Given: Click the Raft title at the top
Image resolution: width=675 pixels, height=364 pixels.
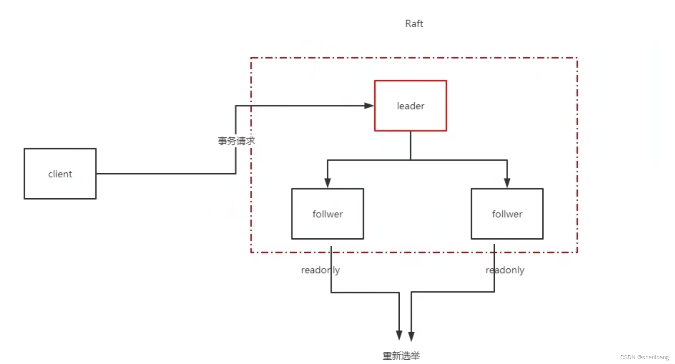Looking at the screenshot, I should (414, 24).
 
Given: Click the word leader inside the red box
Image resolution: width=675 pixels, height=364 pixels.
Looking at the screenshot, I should (410, 106).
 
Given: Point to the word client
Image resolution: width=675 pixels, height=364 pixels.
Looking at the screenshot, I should (60, 174).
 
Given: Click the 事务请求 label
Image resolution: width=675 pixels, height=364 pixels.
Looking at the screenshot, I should (236, 141).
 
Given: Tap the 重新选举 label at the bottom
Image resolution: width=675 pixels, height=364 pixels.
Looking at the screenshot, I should (401, 356).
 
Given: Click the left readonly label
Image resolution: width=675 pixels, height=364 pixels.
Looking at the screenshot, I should (320, 270).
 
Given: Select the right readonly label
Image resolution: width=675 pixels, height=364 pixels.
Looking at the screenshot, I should (505, 270).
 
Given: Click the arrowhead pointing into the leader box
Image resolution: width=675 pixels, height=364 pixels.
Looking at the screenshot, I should (369, 106).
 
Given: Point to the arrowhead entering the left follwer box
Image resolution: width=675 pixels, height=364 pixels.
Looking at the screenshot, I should (328, 182).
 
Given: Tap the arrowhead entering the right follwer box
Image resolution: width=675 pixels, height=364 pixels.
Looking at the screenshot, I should (507, 182).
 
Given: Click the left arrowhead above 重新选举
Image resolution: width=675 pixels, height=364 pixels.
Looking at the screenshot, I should (399, 335).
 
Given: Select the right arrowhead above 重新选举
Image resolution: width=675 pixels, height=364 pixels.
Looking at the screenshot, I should (412, 336).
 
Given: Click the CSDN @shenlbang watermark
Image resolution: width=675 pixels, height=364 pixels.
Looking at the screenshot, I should (644, 357).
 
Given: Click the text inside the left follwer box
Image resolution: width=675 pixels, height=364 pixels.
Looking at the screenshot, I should (328, 214).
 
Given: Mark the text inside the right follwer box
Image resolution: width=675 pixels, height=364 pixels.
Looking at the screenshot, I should (507, 214).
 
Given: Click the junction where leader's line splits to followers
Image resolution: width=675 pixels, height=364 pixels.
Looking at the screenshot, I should (410, 160).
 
